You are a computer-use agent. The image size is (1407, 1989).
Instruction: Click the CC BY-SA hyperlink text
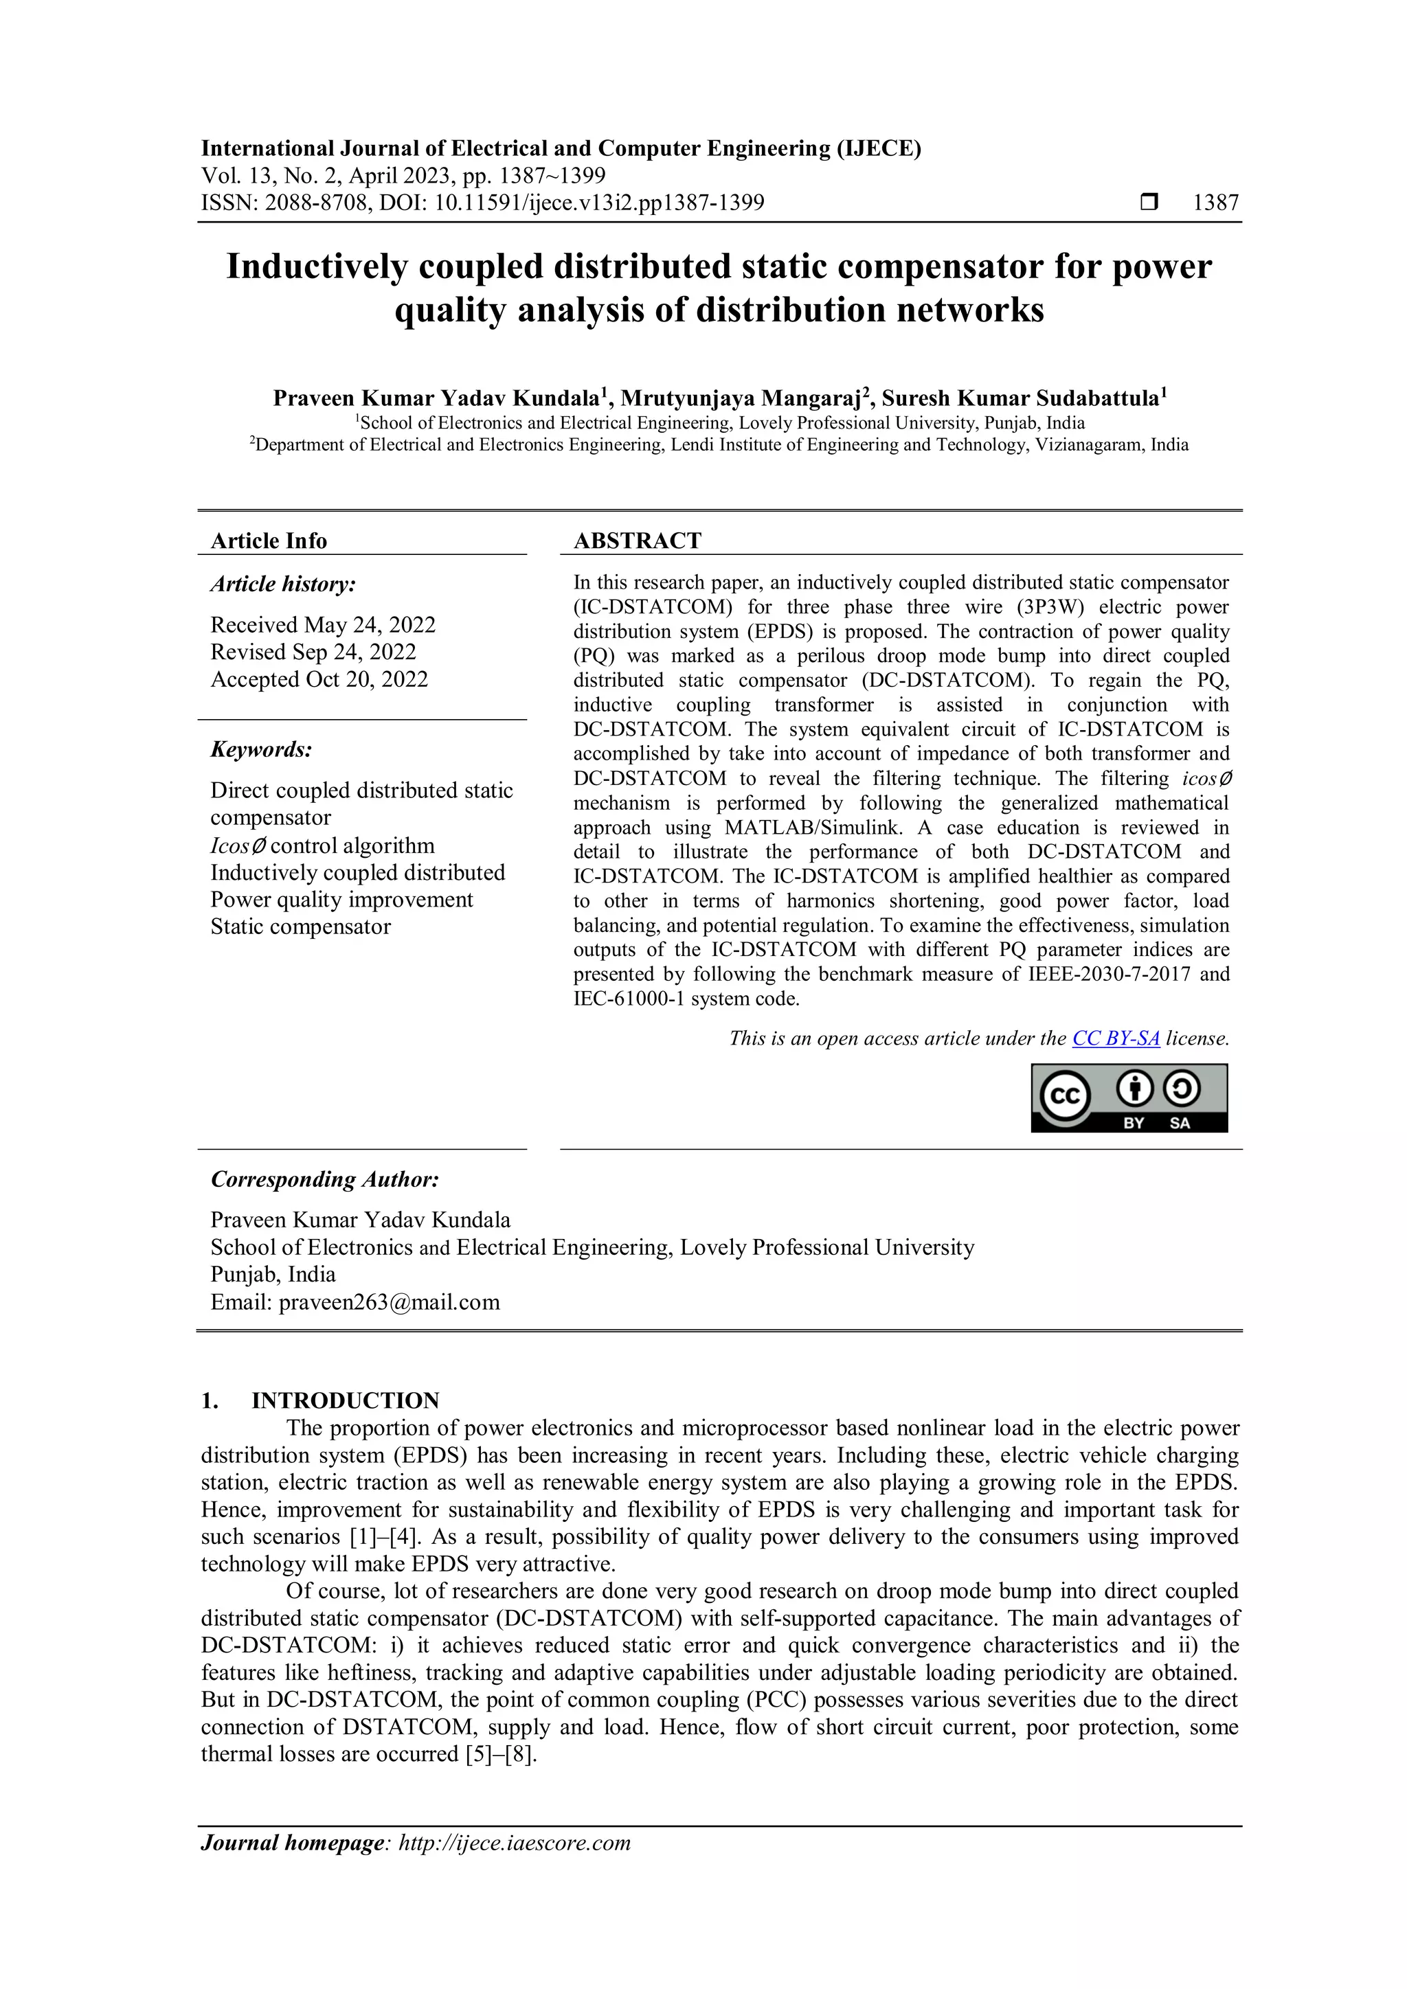pyautogui.click(x=1115, y=1038)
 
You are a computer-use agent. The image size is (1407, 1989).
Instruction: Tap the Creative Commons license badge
pyautogui.click(x=1128, y=1098)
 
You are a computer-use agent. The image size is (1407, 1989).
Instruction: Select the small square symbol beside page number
pyautogui.click(x=1149, y=203)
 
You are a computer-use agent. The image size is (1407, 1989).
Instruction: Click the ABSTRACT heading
pyautogui.click(x=637, y=541)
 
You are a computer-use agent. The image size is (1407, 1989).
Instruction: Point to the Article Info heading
pyautogui.click(x=269, y=541)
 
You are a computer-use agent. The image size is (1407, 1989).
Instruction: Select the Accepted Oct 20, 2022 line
pyautogui.click(x=319, y=679)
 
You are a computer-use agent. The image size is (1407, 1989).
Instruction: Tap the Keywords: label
pyautogui.click(x=261, y=749)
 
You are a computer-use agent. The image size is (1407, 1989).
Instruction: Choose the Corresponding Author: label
pyautogui.click(x=325, y=1179)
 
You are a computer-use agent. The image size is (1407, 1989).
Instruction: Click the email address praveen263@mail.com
pyautogui.click(x=389, y=1302)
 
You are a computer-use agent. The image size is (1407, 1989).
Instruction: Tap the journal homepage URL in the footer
pyautogui.click(x=514, y=1843)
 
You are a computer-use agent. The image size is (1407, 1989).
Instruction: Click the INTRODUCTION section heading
pyautogui.click(x=345, y=1401)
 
